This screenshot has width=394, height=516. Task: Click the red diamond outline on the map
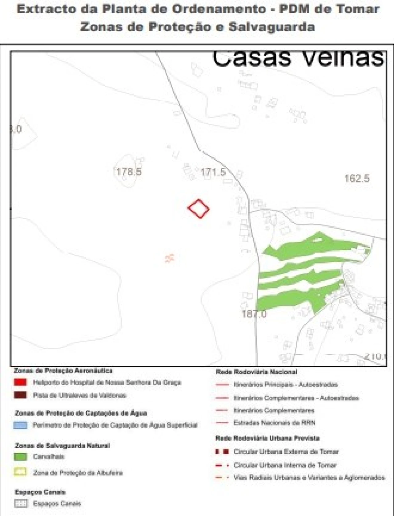[x=199, y=209]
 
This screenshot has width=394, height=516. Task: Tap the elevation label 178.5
[x=129, y=171]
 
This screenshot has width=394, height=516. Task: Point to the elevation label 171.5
[x=213, y=172]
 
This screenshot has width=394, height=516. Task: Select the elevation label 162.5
[x=357, y=178]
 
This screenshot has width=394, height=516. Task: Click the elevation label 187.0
[x=254, y=314]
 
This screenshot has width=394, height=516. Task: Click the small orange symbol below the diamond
[x=170, y=258]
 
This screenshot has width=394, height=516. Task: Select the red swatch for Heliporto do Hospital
[x=20, y=382]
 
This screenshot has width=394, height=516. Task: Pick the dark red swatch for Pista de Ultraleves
[x=20, y=395]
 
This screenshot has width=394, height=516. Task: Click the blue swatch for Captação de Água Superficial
[x=20, y=425]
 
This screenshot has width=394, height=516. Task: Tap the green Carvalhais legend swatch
[x=20, y=457]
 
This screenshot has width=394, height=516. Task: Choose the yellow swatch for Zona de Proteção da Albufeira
[x=20, y=472]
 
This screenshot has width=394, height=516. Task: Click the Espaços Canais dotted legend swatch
[x=20, y=504]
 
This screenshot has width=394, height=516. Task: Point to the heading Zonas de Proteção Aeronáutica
[x=63, y=371]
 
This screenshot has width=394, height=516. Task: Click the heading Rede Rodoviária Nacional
[x=256, y=372]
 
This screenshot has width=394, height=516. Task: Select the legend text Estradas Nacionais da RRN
[x=274, y=423]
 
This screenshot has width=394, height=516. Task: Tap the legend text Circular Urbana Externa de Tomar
[x=286, y=452]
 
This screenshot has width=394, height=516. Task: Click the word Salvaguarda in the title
[x=272, y=27]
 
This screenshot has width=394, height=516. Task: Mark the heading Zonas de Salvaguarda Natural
[x=62, y=446]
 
